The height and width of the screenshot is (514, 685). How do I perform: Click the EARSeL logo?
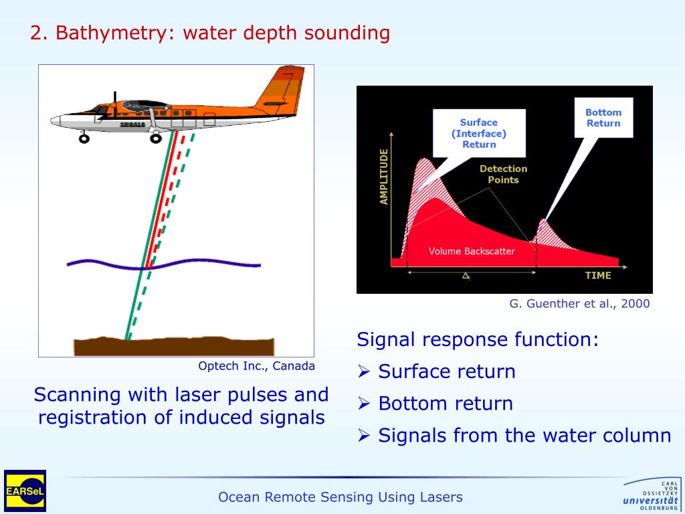pos(25,491)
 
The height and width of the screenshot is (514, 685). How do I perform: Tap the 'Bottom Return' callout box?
pos(603,118)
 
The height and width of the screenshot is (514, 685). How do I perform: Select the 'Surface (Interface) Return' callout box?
pos(478,133)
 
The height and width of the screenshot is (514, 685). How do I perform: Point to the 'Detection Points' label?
pos(503,174)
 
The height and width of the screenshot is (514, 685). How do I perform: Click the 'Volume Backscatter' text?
pos(472,251)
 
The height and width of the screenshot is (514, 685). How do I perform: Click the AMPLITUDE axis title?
pos(384,177)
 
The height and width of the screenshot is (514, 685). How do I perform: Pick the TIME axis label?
pos(598,275)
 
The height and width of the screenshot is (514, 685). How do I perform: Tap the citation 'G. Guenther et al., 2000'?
pos(579,303)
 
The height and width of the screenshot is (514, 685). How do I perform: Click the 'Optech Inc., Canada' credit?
pos(256,366)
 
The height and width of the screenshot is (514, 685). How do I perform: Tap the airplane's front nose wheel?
pos(84,139)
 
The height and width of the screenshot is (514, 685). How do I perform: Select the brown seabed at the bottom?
pos(174,346)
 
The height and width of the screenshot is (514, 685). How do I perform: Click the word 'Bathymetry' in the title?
pos(113,33)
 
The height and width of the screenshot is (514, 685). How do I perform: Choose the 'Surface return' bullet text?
pos(447,371)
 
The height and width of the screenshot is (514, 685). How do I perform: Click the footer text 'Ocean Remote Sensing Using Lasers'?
pos(340,497)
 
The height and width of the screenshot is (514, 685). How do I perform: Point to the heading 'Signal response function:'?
pos(478,339)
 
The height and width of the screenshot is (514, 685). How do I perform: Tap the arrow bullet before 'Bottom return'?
pos(364,404)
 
